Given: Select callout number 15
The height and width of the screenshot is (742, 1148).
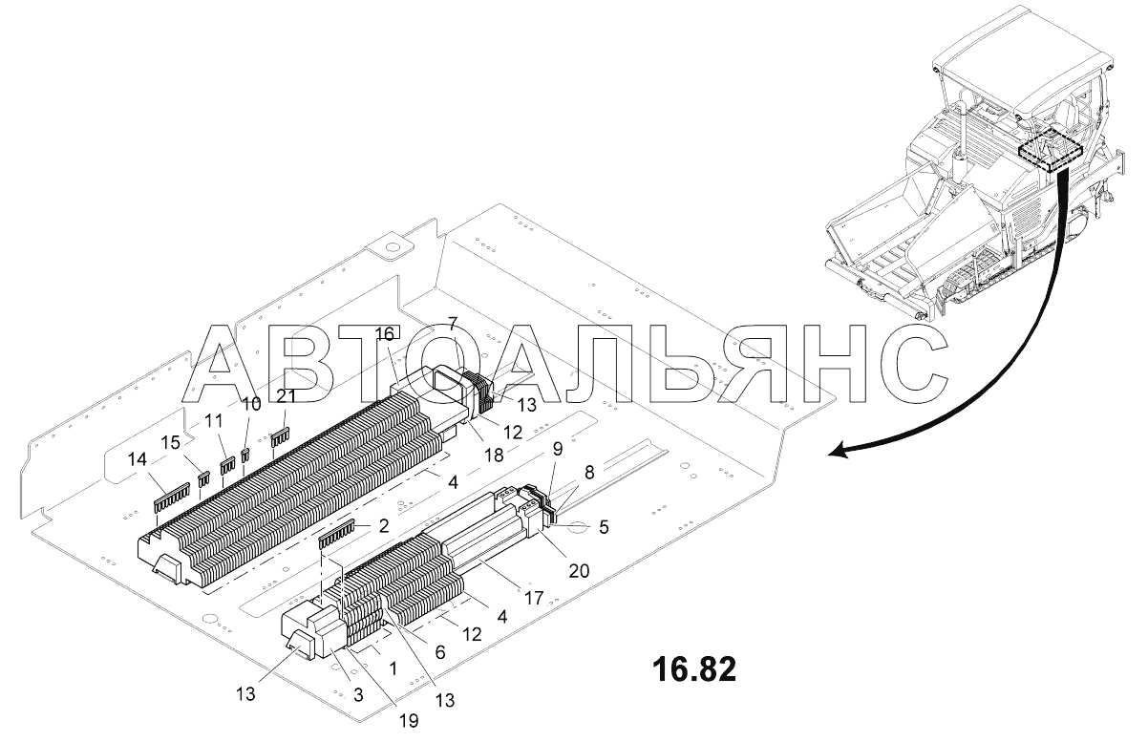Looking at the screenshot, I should coord(170,442).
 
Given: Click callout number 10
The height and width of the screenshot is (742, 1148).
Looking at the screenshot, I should coord(251,404).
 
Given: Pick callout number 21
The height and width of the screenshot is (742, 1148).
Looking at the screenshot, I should coord(287,396).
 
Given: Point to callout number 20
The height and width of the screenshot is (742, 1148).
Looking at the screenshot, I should coord(579,570).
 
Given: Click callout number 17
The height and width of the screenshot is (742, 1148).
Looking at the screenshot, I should coord(533,599).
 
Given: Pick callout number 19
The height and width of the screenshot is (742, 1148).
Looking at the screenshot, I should coord(409,722).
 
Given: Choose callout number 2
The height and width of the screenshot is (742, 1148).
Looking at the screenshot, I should coord(383,524).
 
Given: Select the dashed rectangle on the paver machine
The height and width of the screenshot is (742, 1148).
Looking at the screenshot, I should coord(1049,151).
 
